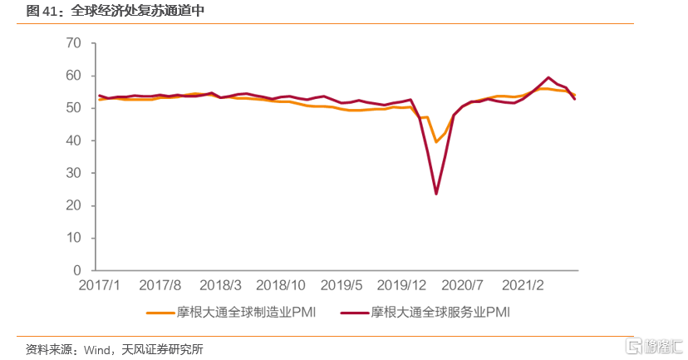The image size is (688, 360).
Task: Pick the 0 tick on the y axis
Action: pyautogui.click(x=76, y=271)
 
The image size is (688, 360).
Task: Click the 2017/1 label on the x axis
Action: pyautogui.click(x=100, y=286)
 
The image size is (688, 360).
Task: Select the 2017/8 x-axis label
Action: pyautogui.click(x=161, y=286)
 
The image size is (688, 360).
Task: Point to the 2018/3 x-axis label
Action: pyautogui.click(x=220, y=286)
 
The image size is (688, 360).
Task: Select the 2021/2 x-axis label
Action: pyautogui.click(x=524, y=286)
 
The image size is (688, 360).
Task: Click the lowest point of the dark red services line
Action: pyautogui.click(x=436, y=194)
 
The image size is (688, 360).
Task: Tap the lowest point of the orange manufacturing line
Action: pyautogui.click(x=436, y=142)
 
